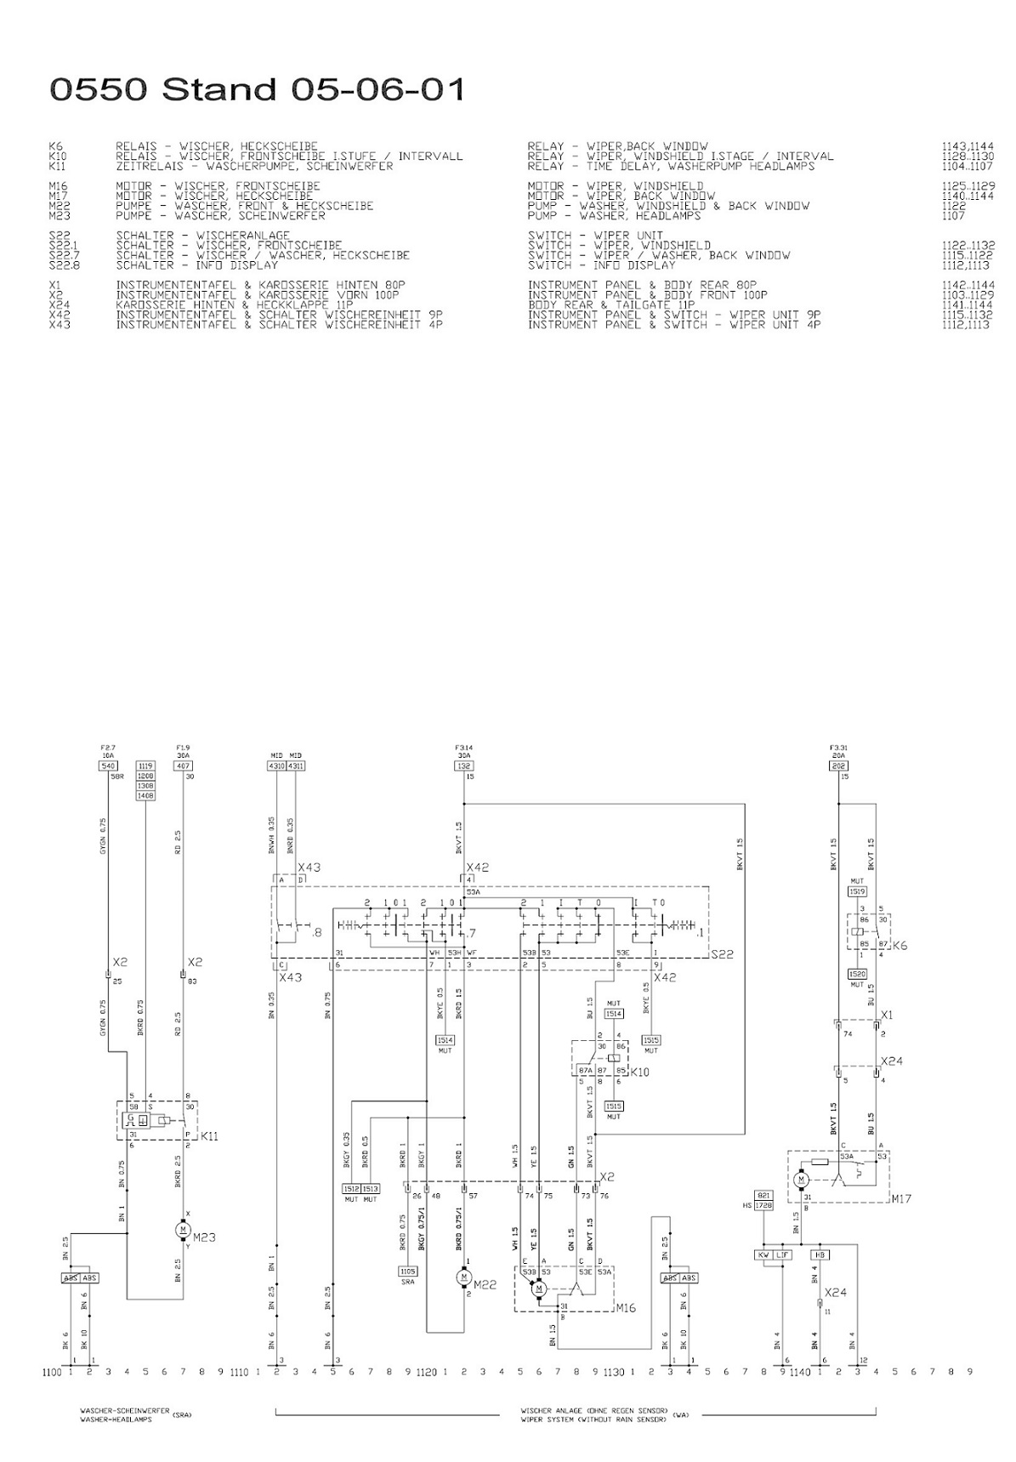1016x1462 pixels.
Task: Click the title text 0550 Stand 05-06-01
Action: click(258, 89)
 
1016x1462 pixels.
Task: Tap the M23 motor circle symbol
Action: click(183, 1229)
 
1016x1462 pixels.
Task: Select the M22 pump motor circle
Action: click(463, 1277)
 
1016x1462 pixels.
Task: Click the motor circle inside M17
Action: click(801, 1180)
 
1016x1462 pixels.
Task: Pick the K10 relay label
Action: click(639, 1072)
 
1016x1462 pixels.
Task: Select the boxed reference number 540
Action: click(108, 765)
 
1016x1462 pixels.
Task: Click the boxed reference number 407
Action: click(183, 765)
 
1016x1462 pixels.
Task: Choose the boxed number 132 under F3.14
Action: click(463, 765)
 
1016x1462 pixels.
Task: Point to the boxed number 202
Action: click(837, 765)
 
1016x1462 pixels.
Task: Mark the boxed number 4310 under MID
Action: click(276, 765)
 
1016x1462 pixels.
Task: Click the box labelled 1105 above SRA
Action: click(407, 1271)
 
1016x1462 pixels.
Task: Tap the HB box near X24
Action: click(820, 1254)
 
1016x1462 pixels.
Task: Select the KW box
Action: click(763, 1254)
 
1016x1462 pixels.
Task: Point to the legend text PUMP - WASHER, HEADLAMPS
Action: click(615, 216)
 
